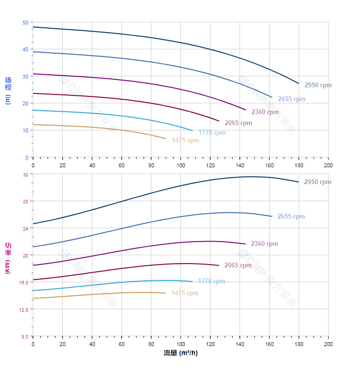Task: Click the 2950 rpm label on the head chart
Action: pos(318,85)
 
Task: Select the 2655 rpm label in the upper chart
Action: pos(291,99)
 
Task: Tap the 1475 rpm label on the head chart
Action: pos(185,140)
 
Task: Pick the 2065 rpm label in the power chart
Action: pos(238,266)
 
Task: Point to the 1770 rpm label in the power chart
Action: pos(211,281)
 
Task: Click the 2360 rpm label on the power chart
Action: pos(264,244)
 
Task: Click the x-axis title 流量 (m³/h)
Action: pos(180,353)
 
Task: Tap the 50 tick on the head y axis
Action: pos(25,22)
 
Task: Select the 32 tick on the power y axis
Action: pos(25,174)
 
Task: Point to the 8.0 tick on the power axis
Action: pos(24,336)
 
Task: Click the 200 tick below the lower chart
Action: pos(328,344)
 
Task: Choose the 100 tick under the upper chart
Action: pos(180,165)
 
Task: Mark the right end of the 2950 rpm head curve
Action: pos(299,84)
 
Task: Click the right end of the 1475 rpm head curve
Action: pos(166,139)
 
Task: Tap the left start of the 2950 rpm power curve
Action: pos(33,224)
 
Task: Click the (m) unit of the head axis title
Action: pos(8,99)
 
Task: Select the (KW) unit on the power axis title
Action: pos(8,268)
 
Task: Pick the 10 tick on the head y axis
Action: pos(25,130)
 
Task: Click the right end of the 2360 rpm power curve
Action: pos(246,244)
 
